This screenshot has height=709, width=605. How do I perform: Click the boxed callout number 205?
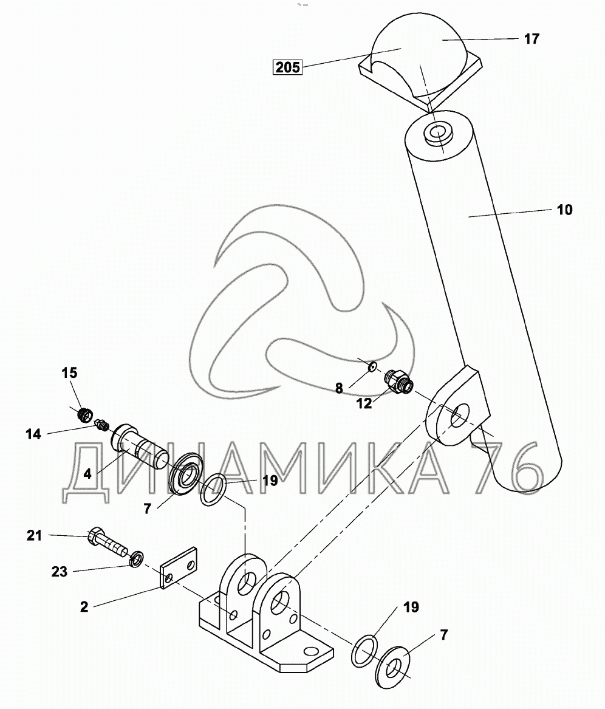pos(287,67)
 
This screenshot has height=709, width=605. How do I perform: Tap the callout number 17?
pos(532,39)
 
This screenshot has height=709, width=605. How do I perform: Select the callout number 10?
pos(564,210)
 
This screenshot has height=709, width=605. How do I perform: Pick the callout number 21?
pos(34,535)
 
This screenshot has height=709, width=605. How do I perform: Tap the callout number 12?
pos(364,403)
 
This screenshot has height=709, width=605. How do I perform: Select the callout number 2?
pos(84,607)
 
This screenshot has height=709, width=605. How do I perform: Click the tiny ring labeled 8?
pos(372,366)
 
